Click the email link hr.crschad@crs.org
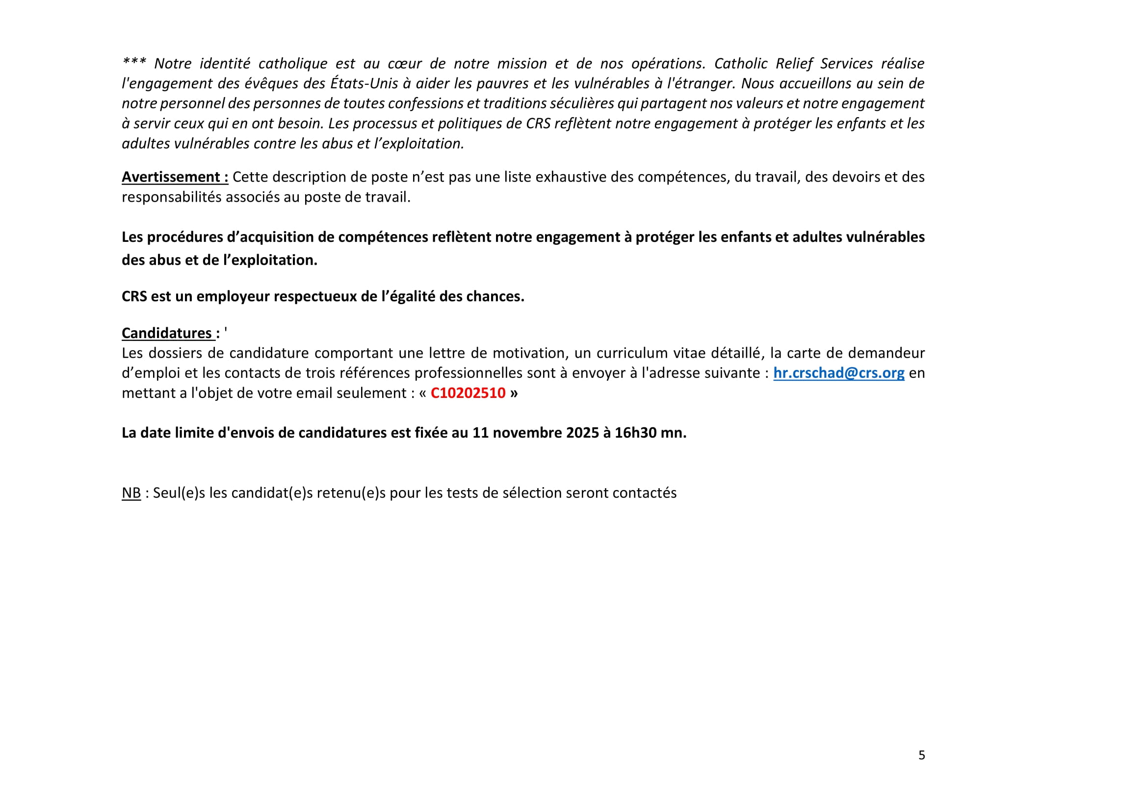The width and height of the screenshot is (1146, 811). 838,373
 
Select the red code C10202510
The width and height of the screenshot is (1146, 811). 468,393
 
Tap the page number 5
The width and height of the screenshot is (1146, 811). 921,755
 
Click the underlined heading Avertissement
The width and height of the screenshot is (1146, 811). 175,177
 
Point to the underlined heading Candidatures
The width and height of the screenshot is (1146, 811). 168,333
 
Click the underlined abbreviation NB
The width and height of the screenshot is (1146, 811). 131,493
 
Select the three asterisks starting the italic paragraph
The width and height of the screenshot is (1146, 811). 134,62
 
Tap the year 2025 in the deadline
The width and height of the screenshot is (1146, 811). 582,432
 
